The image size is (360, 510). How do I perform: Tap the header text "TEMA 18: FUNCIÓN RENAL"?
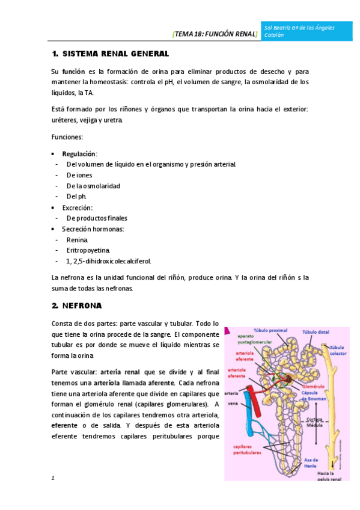point(215,34)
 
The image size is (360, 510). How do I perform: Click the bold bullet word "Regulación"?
point(80,153)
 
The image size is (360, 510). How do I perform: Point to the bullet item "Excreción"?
point(78,207)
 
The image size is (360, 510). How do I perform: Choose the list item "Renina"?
point(78,239)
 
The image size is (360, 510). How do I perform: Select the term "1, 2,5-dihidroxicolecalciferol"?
point(109,261)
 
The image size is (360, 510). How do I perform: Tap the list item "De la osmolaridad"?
point(93,186)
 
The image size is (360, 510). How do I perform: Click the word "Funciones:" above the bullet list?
point(68,137)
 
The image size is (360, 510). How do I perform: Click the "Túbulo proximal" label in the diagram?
point(270,330)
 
